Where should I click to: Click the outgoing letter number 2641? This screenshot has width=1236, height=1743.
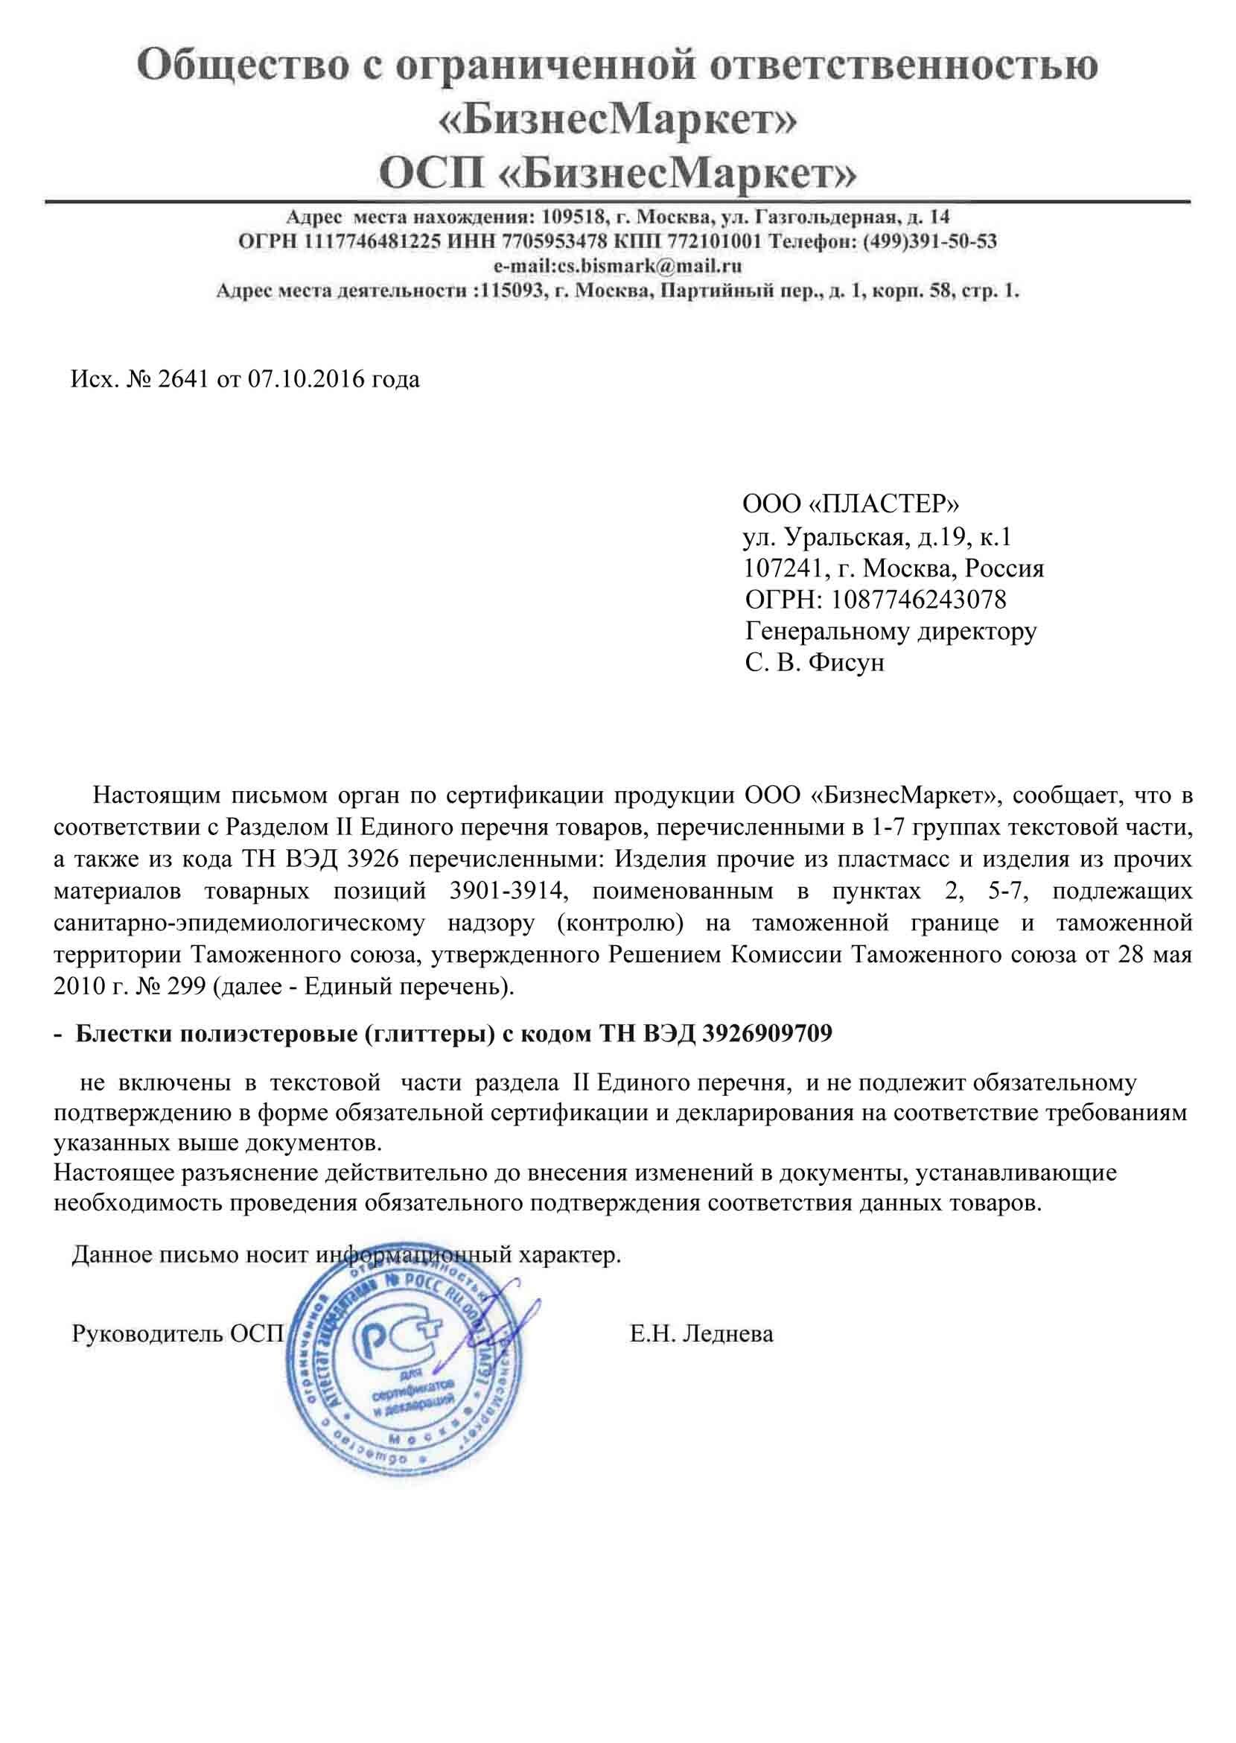point(182,379)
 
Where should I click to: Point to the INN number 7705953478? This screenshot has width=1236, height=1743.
point(552,242)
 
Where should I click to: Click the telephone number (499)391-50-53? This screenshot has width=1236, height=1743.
point(928,242)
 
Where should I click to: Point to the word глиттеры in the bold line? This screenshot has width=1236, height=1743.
point(427,1033)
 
